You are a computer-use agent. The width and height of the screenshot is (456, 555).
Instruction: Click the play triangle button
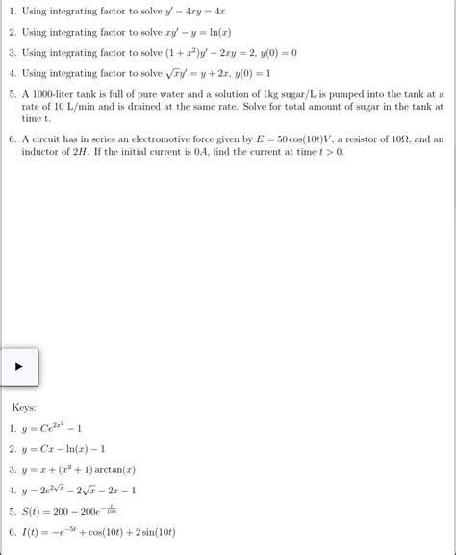click(x=19, y=366)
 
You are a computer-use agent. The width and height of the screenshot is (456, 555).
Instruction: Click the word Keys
click(x=24, y=408)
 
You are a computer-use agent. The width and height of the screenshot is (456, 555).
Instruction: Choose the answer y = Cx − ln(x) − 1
click(x=63, y=449)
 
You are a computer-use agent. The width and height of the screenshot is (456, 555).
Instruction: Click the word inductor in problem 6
click(x=45, y=152)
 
